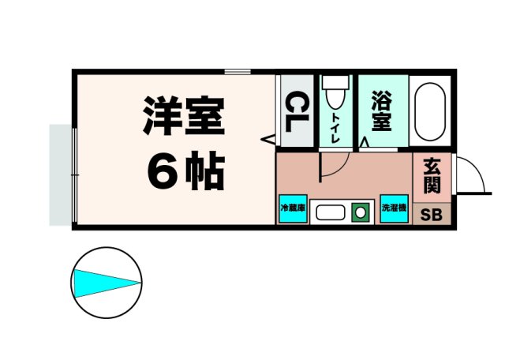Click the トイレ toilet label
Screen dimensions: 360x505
[x=335, y=127]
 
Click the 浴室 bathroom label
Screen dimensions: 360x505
[x=382, y=111]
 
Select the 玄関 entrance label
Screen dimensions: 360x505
[x=432, y=175]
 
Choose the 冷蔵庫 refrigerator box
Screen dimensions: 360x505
[x=290, y=209]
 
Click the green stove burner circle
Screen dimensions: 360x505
[x=361, y=212]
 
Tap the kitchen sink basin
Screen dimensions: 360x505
[x=329, y=212]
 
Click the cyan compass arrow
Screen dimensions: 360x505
[x=106, y=282]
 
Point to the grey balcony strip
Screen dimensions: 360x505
[x=60, y=174]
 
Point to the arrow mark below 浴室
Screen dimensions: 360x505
[x=364, y=143]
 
